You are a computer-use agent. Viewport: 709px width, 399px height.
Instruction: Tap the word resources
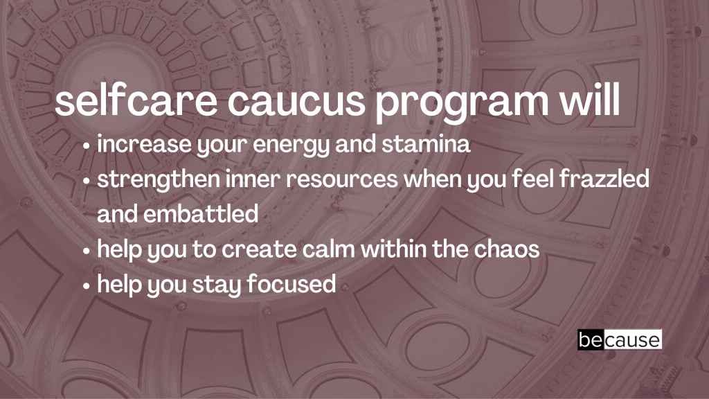(x=342, y=180)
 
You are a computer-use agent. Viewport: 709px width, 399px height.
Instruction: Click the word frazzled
(x=604, y=178)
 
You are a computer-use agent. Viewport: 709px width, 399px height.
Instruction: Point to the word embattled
(x=201, y=213)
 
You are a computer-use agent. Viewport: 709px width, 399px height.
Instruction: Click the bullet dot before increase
(x=87, y=147)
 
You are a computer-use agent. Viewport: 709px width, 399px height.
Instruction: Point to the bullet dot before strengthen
(x=87, y=181)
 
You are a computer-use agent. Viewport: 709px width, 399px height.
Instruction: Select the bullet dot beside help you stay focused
(x=87, y=286)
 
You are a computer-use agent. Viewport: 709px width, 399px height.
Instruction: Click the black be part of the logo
(x=591, y=339)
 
